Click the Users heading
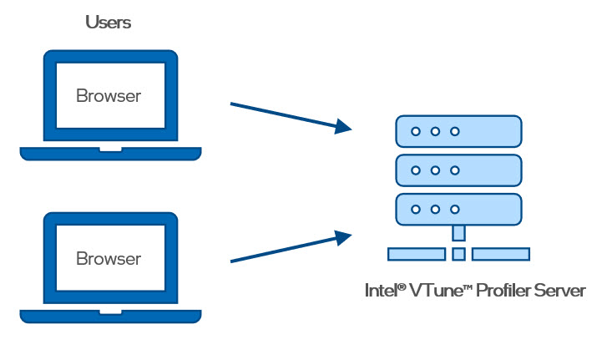[x=109, y=23]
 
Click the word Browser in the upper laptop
[x=109, y=95]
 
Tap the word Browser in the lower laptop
[x=109, y=258]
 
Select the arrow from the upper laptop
[x=284, y=116]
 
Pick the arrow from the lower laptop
[x=284, y=249]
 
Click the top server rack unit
[x=458, y=131]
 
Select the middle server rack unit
[x=458, y=170]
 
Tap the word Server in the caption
[x=563, y=291]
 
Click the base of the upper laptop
[x=110, y=154]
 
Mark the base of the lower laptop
[x=110, y=317]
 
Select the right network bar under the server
[x=500, y=254]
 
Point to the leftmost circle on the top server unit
[x=415, y=131]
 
